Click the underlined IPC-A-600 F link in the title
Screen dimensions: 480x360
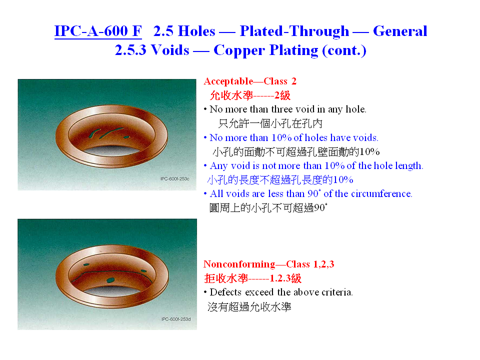click(x=98, y=31)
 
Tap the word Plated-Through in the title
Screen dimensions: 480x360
click(x=294, y=31)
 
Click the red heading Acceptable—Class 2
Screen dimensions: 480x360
click(x=250, y=81)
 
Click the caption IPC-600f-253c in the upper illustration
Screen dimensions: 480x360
click(x=175, y=179)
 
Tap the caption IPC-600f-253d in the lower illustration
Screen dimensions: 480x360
click(x=176, y=319)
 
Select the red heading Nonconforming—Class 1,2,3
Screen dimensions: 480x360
click(x=269, y=264)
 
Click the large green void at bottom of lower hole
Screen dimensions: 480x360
click(x=110, y=280)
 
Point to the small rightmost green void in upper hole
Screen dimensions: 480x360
click(x=126, y=137)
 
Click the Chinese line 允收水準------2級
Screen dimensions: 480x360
click(x=250, y=95)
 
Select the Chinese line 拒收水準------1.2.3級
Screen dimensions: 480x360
click(x=253, y=278)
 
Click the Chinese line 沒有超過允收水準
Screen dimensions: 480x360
click(x=249, y=306)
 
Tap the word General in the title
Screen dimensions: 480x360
click(x=400, y=31)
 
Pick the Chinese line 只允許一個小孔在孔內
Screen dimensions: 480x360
click(x=270, y=123)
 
